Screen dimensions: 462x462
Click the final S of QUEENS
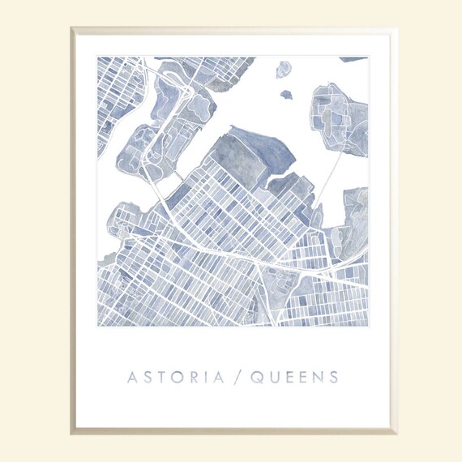click(334, 377)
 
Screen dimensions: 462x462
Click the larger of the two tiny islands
click(283, 71)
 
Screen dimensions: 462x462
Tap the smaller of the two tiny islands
click(286, 95)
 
